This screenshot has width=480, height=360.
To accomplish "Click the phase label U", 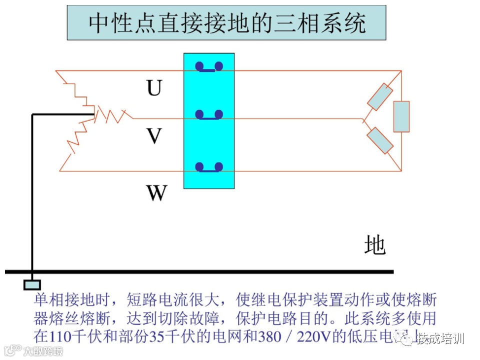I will pos(154,88).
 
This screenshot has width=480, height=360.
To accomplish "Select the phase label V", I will pos(154,135).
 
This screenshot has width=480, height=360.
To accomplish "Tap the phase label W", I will pos(156,193).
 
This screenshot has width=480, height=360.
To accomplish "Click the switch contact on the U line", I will pos(209,67).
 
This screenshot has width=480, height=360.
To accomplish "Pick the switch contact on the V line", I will pos(209,115).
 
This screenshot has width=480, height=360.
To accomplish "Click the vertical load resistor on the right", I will pos(401,116).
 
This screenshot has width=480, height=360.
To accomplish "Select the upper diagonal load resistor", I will pos(380,97).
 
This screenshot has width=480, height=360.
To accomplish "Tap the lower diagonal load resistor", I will pos(380,140).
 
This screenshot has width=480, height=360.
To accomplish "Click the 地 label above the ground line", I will pos(374,244).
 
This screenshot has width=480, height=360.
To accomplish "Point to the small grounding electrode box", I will pos(32,285).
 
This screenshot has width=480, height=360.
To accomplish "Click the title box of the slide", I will pos(226,23).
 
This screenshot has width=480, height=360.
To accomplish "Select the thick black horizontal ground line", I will pos(200,272).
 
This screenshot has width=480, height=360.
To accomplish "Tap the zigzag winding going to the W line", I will pos(77,140).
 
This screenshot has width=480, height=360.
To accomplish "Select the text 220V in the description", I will pos(314,336).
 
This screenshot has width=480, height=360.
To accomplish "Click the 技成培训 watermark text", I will pos(439,339).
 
